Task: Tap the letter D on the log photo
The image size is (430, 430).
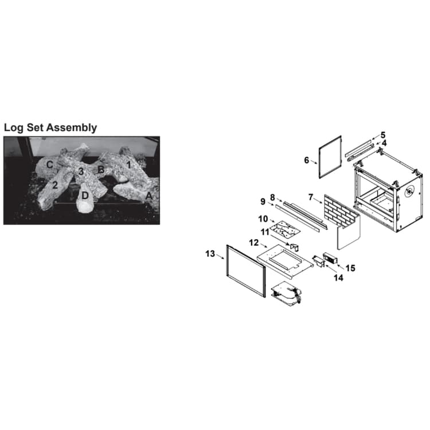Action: coord(85,196)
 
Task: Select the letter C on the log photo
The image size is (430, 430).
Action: coord(49,165)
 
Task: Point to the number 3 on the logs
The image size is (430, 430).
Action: coord(81,171)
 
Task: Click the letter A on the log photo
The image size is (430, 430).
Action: coord(149,196)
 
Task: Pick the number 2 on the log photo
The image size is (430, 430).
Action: coord(55,185)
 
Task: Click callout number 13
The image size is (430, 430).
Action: coord(210,254)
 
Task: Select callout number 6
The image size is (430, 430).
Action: coord(307,160)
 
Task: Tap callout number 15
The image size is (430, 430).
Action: coord(350,268)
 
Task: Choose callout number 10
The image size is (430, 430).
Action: coord(263,219)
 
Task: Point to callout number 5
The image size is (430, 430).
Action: coord(383,135)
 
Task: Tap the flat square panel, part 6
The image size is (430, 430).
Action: coord(330,157)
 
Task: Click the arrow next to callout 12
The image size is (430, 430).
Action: coord(264,245)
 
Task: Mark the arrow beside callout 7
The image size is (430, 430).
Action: coord(318,200)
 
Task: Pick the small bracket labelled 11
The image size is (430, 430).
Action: coord(294,247)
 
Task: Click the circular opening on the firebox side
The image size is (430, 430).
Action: coord(409,191)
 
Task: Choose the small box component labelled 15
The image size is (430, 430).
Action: coord(330,258)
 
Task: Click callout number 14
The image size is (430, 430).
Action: coord(338,278)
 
